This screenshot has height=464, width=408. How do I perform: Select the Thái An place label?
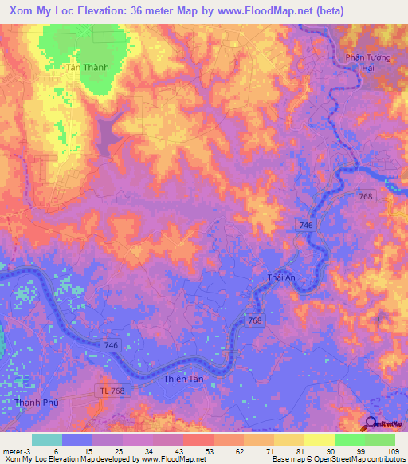[281, 277]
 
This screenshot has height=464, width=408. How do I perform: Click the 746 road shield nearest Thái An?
[306, 226]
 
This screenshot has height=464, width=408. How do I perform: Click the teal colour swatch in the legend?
[47, 439]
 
